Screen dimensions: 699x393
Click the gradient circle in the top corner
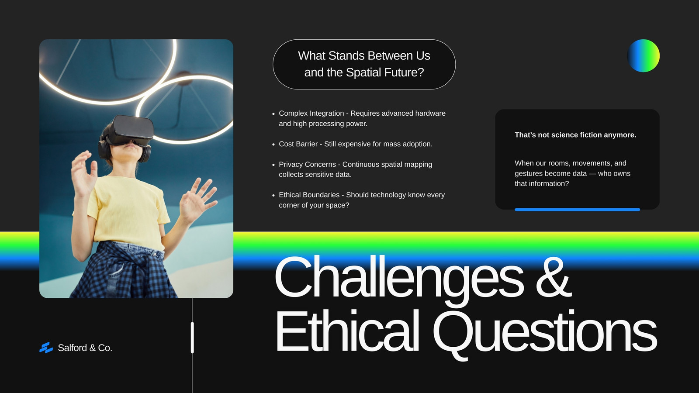tap(643, 55)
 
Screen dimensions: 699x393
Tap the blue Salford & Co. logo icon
tap(46, 348)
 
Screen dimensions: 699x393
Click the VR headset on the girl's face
tap(131, 131)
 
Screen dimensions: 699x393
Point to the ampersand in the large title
tap(553, 276)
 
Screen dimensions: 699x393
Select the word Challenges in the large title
tap(399, 281)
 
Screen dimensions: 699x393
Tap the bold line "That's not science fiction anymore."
tap(575, 135)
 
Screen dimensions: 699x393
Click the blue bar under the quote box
tap(577, 210)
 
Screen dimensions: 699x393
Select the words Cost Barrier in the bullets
tap(298, 144)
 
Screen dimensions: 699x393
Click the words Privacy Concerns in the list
tap(307, 164)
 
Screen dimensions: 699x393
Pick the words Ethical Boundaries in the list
tap(309, 195)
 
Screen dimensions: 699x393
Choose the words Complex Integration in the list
tap(311, 113)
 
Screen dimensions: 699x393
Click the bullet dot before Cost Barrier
tap(273, 145)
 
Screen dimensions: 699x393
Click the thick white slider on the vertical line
tap(192, 338)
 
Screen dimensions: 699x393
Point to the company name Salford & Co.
tap(85, 348)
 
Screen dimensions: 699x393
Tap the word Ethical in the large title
tap(347, 331)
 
